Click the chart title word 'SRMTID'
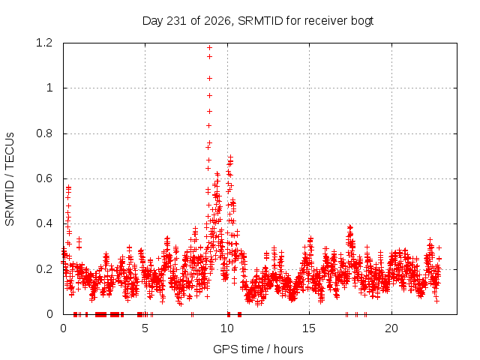click(260, 21)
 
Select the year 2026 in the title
click(217, 21)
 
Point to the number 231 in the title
click(177, 21)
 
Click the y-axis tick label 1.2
click(44, 43)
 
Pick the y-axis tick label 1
click(49, 88)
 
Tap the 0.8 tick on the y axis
click(44, 133)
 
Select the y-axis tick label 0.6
click(44, 178)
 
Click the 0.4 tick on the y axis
click(44, 223)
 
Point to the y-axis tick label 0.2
click(44, 269)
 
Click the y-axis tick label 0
click(49, 314)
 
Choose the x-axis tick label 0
click(63, 328)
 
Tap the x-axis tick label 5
click(145, 328)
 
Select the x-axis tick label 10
click(227, 328)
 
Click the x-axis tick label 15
click(309, 328)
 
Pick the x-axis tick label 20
click(391, 328)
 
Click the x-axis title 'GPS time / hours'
click(258, 349)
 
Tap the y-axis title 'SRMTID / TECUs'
click(10, 179)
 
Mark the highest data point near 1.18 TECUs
click(209, 47)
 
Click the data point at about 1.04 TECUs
click(209, 78)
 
